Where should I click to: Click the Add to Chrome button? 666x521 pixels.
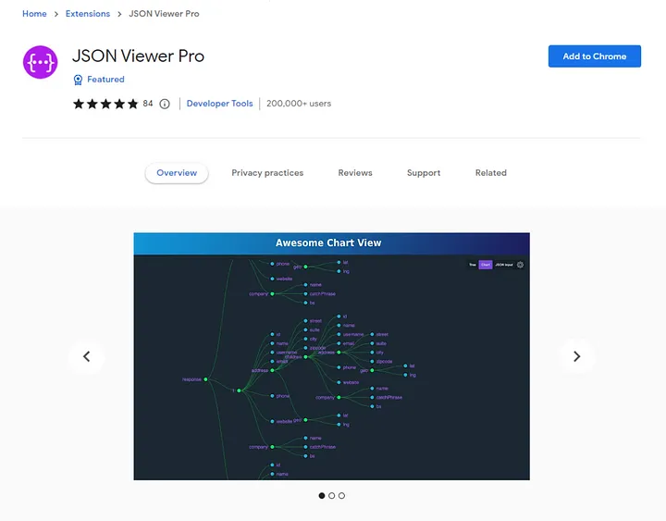594,56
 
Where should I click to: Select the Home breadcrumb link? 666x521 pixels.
34,14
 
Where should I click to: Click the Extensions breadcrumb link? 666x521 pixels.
88,14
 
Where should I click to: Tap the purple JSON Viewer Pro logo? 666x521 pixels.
41,62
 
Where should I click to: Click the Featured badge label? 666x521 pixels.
105,80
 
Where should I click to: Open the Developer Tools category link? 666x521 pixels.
219,104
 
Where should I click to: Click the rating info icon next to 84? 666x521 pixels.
165,104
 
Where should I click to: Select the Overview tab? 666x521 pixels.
177,173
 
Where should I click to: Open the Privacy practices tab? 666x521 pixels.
267,173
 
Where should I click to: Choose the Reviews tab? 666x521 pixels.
355,173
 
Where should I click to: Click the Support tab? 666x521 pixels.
424,173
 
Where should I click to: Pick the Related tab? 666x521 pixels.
491,173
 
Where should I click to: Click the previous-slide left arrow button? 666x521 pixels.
87,356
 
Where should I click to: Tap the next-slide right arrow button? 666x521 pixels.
577,356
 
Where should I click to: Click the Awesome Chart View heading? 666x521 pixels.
328,242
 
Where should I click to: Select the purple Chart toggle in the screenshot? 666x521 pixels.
486,265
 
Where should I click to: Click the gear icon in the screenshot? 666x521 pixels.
520,265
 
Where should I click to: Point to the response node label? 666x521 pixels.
191,379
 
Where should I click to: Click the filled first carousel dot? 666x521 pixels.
322,496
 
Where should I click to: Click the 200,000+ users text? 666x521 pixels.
299,104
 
